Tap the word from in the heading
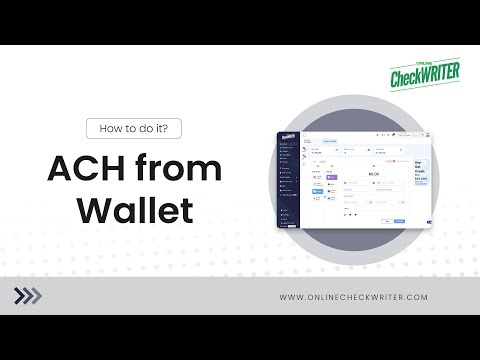point(172,169)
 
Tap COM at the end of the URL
point(417,296)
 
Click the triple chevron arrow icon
point(30,295)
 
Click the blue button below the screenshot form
point(400,219)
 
